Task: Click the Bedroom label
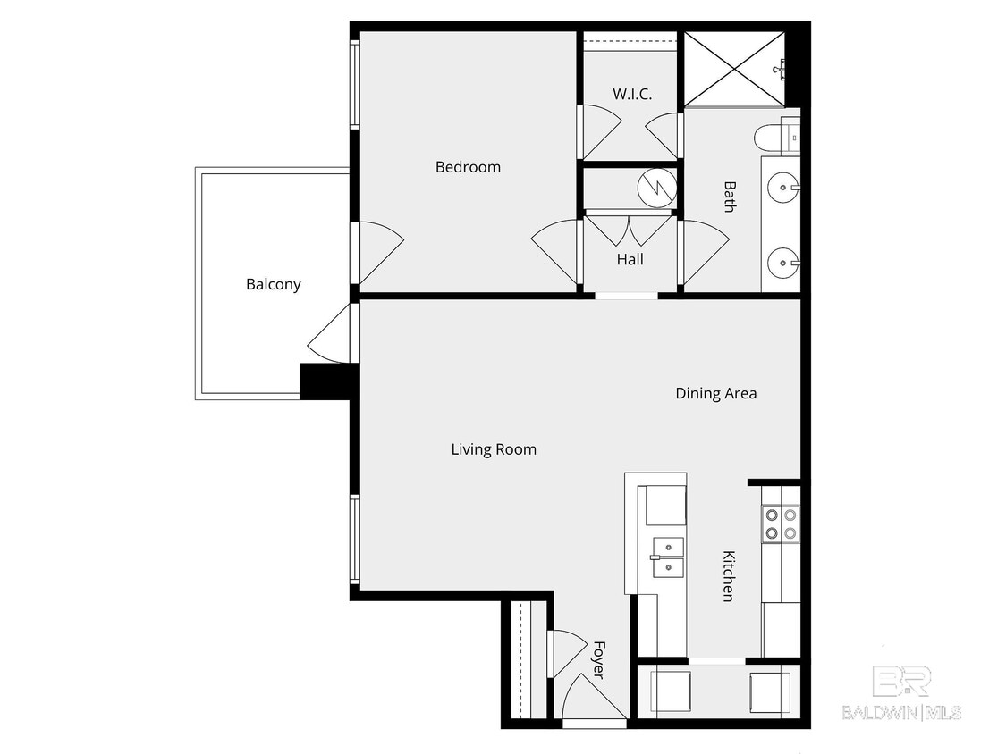(x=468, y=167)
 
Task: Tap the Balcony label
(x=274, y=285)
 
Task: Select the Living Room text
(x=494, y=449)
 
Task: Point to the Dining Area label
(x=715, y=393)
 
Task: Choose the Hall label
(x=630, y=260)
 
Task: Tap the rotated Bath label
(x=730, y=197)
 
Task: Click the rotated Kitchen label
(x=729, y=575)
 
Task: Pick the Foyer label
(x=598, y=658)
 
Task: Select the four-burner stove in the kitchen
(x=780, y=524)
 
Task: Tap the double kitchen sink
(x=667, y=557)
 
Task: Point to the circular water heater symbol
(x=657, y=188)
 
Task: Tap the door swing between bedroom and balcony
(x=379, y=250)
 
